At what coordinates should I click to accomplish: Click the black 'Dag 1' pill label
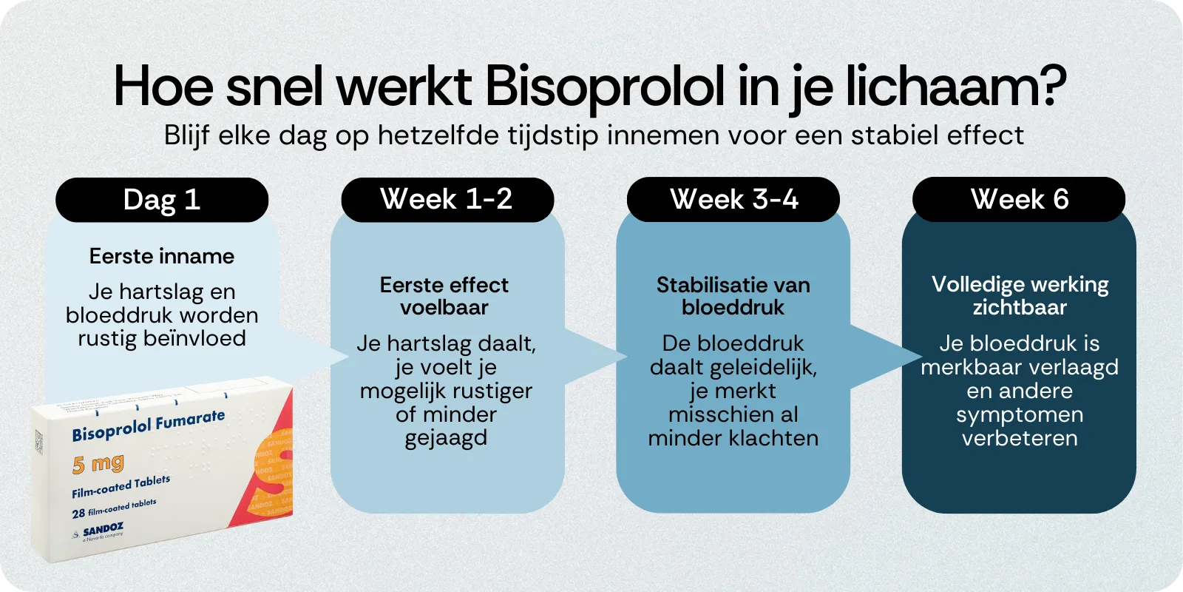pos(161,200)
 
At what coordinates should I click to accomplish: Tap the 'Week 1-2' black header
pos(447,199)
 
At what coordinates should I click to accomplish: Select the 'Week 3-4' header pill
pos(733,199)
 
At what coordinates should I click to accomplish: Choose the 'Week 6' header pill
pos(1019,199)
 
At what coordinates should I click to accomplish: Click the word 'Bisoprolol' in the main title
pos(604,87)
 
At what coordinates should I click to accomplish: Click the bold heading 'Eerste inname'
pos(161,256)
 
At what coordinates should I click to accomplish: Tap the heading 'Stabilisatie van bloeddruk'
pos(733,296)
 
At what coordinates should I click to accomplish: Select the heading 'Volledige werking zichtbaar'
pos(1020,296)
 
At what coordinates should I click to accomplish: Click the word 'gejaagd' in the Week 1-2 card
pos(446,438)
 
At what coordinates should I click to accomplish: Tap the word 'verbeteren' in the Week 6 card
pos(1020,438)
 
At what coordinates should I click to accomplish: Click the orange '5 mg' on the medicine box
pos(98,464)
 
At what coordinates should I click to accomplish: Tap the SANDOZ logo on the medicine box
pos(102,530)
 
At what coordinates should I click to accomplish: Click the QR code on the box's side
pos(38,442)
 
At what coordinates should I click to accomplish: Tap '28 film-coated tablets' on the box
pos(114,508)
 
